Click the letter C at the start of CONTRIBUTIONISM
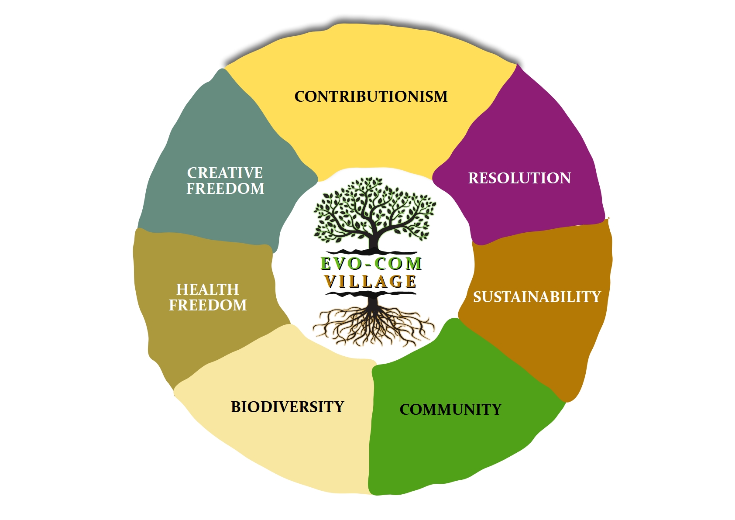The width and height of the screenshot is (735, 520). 301,96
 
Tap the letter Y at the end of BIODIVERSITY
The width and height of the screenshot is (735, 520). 339,407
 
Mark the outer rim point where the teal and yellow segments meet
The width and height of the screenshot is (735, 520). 223,69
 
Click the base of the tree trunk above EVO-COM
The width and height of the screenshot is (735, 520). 374,251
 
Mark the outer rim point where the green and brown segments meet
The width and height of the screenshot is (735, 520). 567,402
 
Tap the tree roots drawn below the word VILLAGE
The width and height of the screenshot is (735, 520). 374,324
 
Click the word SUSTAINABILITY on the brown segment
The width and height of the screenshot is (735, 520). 537,297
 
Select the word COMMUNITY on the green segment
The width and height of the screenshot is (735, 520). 450,410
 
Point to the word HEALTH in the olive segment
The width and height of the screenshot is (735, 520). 208,289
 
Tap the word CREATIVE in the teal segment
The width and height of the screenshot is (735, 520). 225,172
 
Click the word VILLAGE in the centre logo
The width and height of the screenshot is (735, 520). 371,282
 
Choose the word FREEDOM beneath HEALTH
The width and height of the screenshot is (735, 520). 208,305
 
